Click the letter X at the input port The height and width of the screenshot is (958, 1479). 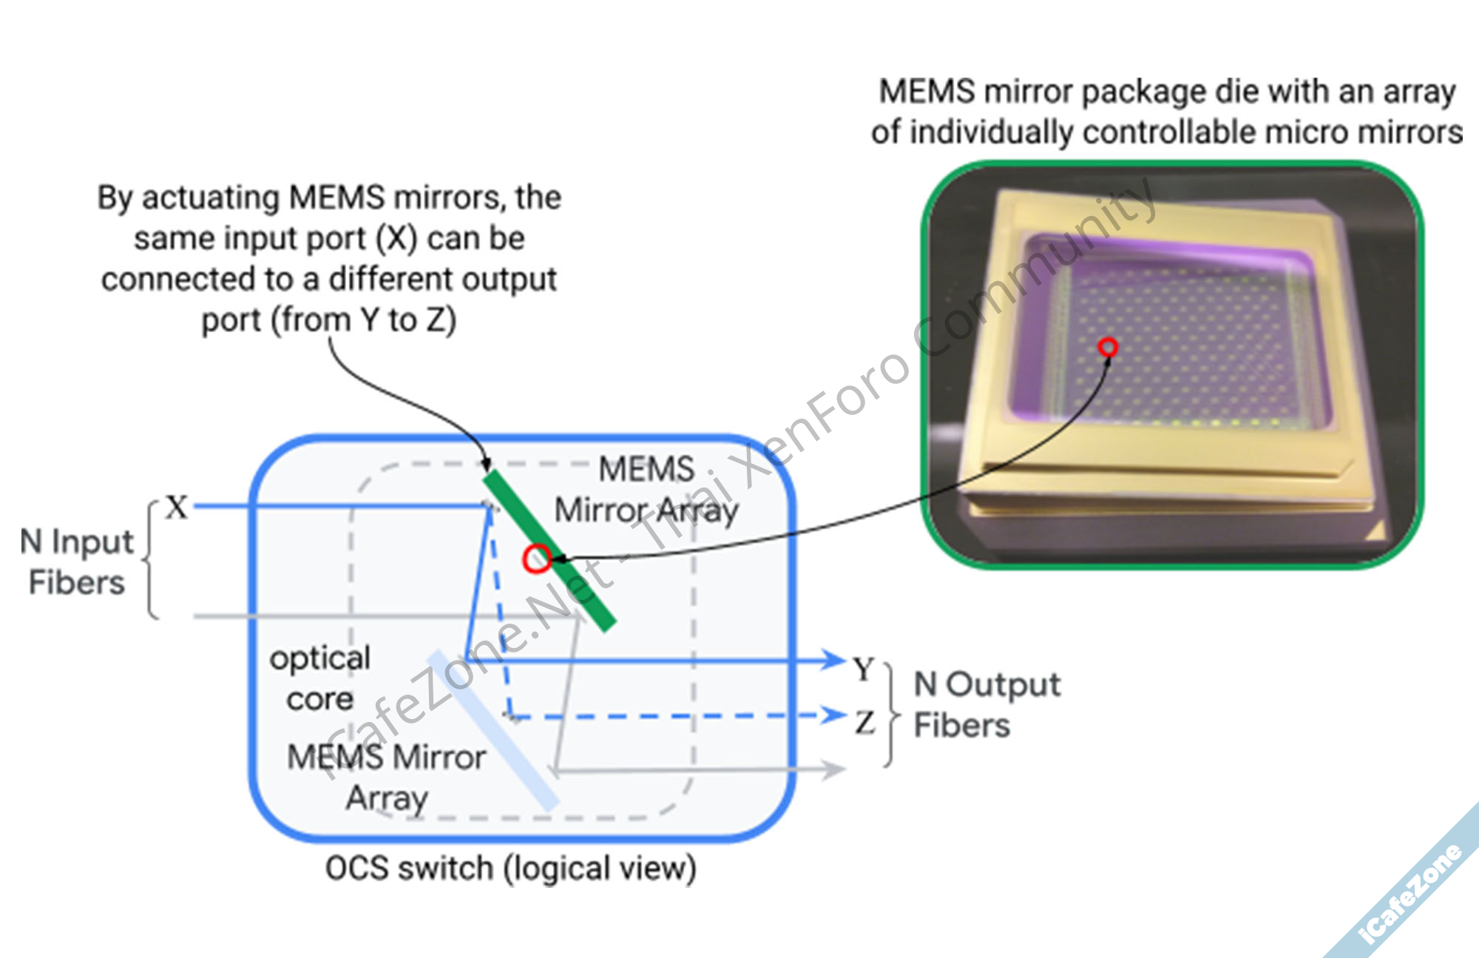[x=177, y=507]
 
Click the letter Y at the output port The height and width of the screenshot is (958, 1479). [x=864, y=669]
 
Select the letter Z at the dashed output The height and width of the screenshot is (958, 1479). [x=865, y=722]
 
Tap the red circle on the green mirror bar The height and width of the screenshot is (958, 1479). [x=537, y=559]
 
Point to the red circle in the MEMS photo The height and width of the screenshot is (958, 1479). [x=1107, y=346]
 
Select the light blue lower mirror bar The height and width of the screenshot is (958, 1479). [x=492, y=729]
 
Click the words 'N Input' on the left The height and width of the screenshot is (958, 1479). [x=77, y=542]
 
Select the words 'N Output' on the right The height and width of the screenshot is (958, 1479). [x=986, y=685]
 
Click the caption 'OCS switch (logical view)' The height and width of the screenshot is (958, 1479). [x=510, y=868]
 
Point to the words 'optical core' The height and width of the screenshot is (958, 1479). [x=319, y=678]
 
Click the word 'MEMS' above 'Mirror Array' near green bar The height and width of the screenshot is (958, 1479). [x=646, y=469]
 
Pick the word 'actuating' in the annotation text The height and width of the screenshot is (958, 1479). [x=211, y=198]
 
